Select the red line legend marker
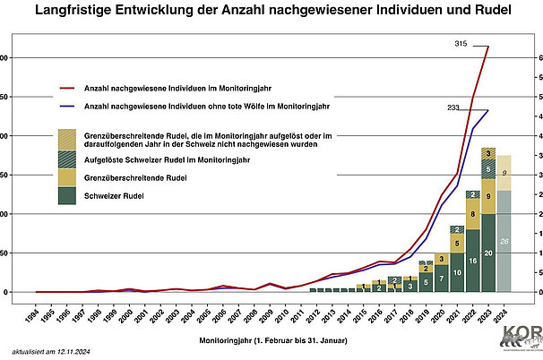click(65, 88)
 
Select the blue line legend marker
click(65, 107)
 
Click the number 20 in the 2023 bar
click(487, 253)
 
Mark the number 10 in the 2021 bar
click(457, 271)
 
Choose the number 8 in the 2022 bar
click(472, 215)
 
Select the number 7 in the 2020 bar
click(442, 279)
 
